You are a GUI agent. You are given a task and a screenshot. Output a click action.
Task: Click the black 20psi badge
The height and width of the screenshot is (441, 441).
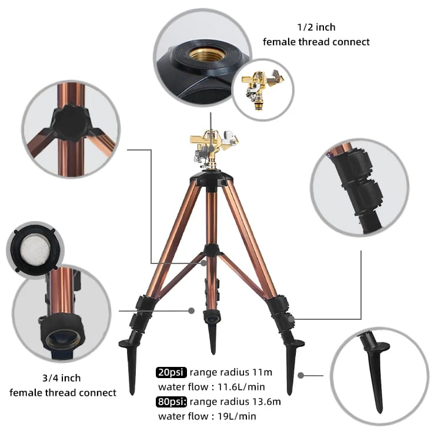(x=171, y=372)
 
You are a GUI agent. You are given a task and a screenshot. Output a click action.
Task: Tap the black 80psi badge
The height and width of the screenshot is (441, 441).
(x=171, y=402)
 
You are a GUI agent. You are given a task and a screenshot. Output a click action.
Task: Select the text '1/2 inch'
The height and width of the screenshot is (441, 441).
(x=316, y=27)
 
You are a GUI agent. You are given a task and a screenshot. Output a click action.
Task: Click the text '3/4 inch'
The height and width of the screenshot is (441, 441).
(x=62, y=378)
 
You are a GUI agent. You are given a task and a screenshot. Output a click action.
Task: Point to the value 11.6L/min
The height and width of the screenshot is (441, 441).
(x=241, y=387)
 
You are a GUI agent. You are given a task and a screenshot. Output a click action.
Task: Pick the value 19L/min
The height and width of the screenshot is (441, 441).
(x=237, y=416)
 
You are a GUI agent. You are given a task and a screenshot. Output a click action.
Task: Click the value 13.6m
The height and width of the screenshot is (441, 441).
(x=266, y=402)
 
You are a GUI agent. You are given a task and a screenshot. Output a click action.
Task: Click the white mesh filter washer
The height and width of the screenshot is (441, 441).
(x=36, y=248)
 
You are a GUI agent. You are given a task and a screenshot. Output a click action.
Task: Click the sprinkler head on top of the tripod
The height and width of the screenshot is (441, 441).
(x=214, y=149)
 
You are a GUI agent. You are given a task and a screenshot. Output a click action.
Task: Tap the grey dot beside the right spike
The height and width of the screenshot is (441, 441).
(x=300, y=375)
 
